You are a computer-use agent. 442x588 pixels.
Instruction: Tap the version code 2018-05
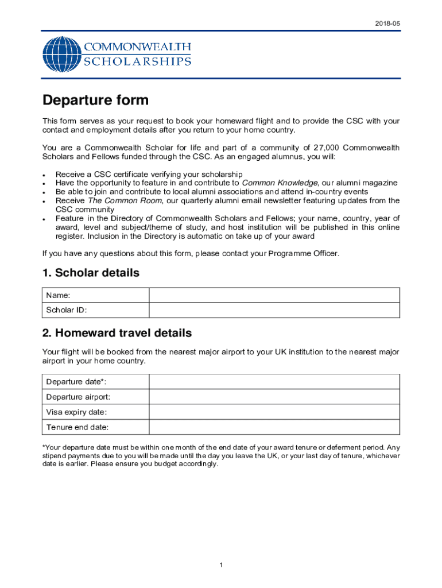[x=387, y=24]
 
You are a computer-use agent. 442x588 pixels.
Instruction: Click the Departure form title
[x=95, y=100]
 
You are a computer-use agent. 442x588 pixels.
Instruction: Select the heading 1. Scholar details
[x=91, y=273]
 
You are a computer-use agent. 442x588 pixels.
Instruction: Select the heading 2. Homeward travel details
[x=117, y=333]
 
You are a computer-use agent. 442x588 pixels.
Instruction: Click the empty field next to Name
[x=274, y=295]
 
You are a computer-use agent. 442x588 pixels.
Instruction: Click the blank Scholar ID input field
[x=274, y=310]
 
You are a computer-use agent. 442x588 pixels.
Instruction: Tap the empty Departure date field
[x=274, y=382]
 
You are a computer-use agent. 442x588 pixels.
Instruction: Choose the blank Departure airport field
[x=274, y=397]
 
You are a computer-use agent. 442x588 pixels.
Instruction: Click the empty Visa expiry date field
[x=274, y=412]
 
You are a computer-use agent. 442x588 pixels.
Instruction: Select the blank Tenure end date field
[x=274, y=427]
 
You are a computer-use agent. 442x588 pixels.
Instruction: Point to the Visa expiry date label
[x=76, y=412]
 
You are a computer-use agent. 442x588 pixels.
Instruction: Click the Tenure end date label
[x=77, y=427]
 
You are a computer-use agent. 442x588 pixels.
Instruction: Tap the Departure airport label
[x=78, y=397]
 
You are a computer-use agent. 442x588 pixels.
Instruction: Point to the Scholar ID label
[x=67, y=311]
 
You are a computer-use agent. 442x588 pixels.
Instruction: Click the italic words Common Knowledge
[x=280, y=183]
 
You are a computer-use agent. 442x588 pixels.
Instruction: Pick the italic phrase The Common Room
[x=125, y=200]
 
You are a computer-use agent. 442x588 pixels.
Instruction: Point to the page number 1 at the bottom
[x=221, y=566]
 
